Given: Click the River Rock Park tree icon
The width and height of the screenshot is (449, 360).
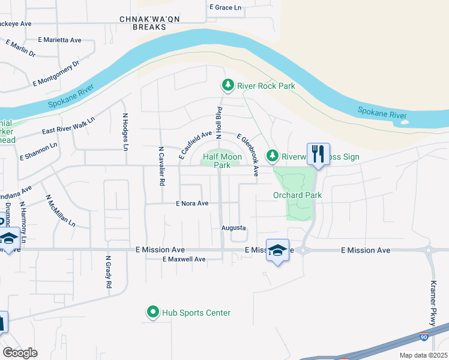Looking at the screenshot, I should [x=228, y=86].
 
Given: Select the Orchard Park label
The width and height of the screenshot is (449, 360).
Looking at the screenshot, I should [x=297, y=195].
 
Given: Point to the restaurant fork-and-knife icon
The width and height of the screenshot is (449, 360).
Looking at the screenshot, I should [x=318, y=154].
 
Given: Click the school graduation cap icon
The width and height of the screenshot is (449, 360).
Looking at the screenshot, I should [x=277, y=250].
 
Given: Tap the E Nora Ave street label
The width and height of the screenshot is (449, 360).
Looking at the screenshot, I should [x=192, y=203].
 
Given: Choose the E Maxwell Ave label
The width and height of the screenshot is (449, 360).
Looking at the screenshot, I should [x=184, y=259].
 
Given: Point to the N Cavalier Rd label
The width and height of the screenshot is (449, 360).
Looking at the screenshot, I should [x=161, y=166].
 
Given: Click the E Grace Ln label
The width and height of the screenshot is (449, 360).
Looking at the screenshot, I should [x=225, y=8].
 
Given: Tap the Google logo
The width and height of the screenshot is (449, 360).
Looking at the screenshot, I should [x=20, y=352].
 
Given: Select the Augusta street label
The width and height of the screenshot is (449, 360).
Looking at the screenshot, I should [x=234, y=228].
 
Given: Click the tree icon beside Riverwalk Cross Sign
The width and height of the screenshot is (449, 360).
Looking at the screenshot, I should [x=273, y=155].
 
